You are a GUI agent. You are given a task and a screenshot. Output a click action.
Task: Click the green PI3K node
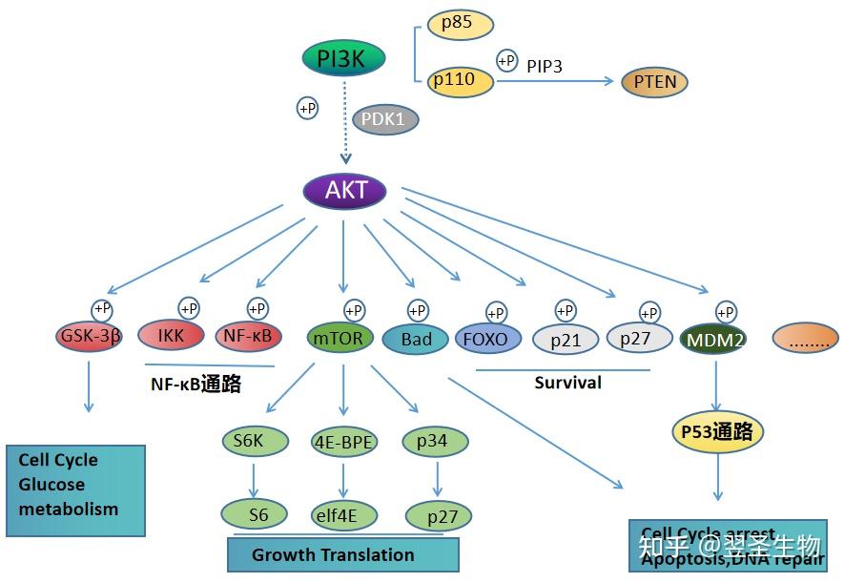coord(344,59)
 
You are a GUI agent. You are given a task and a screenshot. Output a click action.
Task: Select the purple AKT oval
coord(344,191)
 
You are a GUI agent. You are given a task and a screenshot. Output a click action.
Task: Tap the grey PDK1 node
coord(384,120)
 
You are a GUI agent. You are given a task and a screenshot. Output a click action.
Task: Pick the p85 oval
coord(461,24)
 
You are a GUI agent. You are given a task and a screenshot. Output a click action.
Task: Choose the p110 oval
coord(461,81)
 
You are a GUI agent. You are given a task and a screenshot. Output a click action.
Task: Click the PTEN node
coord(655,82)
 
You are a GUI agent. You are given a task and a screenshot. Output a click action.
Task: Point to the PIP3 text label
coord(545,66)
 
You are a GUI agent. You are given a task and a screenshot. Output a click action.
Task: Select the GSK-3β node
coord(89,337)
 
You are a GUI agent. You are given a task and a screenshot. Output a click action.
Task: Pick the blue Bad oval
coord(416,339)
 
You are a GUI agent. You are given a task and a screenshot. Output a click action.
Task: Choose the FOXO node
coord(489,338)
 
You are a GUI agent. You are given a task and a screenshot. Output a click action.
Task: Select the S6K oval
coord(254,441)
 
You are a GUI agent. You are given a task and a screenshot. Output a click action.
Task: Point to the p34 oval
coord(438,441)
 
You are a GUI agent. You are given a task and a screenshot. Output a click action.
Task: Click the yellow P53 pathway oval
coord(717,432)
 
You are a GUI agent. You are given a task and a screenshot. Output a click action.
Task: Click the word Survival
coord(567,383)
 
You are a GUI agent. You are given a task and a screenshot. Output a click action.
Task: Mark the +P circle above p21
coord(566,310)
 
